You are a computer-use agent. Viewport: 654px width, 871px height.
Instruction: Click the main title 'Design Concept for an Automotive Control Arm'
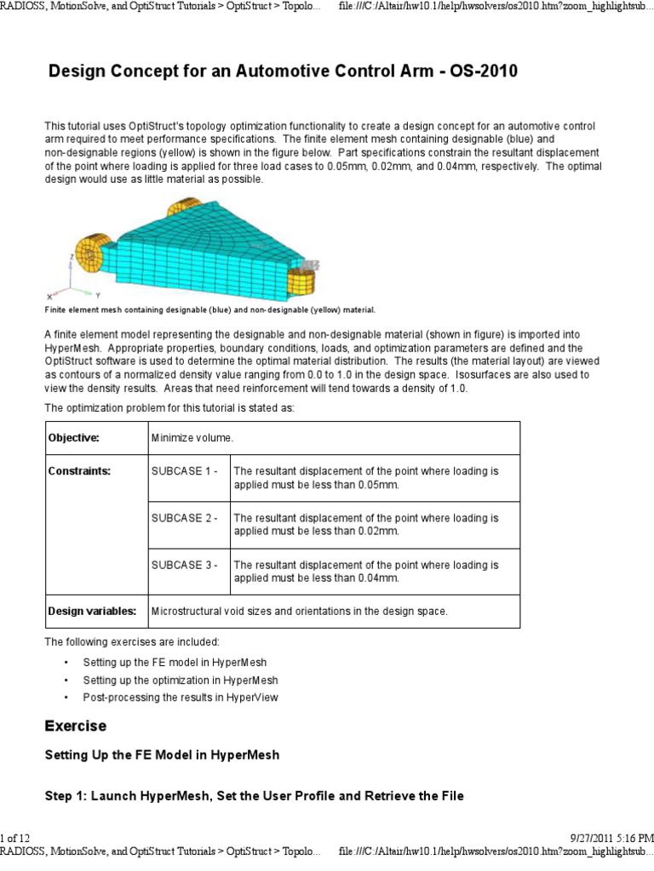click(282, 71)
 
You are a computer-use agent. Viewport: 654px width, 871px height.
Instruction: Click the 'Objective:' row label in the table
click(74, 437)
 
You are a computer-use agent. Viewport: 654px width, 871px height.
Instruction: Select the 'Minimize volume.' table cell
click(192, 437)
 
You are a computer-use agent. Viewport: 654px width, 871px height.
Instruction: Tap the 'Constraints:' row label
click(79, 470)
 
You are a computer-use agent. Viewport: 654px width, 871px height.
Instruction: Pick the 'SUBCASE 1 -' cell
click(185, 470)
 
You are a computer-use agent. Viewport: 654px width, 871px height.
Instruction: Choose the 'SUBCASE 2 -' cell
click(185, 517)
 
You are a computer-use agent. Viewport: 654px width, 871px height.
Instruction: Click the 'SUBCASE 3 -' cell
click(185, 564)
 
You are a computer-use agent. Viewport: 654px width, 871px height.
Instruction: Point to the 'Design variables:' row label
click(92, 611)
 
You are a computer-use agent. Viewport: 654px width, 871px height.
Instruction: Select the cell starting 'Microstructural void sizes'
click(298, 611)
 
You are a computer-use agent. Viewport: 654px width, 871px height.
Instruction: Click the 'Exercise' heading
click(75, 726)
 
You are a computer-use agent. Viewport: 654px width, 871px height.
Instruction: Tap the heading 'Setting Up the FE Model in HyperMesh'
click(162, 754)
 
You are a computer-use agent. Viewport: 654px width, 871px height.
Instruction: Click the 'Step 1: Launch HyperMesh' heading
click(254, 796)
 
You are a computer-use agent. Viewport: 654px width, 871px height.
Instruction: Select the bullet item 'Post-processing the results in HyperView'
click(180, 697)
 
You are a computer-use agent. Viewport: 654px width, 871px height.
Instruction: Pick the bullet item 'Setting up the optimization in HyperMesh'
click(180, 680)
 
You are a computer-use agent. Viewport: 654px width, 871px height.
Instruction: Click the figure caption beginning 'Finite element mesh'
click(209, 310)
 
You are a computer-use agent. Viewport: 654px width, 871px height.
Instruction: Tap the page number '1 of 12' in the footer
click(15, 839)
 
